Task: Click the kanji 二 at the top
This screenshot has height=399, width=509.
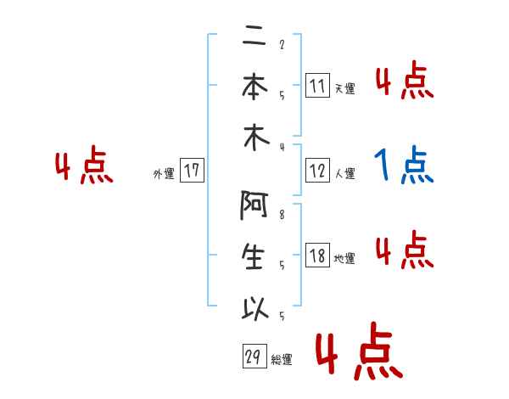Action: tap(255, 38)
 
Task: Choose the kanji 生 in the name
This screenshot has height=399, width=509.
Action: tap(255, 257)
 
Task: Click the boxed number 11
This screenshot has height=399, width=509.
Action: tap(316, 86)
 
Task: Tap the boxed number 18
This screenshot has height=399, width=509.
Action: tap(316, 256)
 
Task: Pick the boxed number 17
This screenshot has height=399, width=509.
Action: tap(192, 171)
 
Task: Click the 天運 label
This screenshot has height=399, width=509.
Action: tap(344, 88)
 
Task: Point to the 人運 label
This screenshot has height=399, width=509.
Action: tap(344, 174)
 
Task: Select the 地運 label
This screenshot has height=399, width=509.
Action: tap(344, 258)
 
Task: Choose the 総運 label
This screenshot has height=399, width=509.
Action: tap(282, 360)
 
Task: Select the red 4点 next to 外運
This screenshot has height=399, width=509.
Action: tap(83, 167)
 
